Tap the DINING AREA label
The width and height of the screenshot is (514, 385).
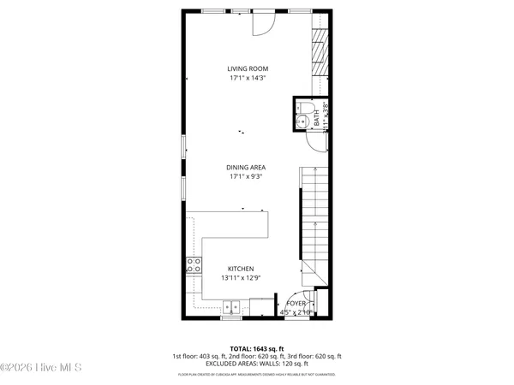click(x=245, y=168)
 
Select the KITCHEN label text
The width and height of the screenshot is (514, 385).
click(x=241, y=269)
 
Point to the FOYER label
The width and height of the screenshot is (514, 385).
click(x=296, y=304)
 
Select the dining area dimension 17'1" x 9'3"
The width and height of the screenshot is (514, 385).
click(x=245, y=177)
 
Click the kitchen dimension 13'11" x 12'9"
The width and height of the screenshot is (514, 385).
click(x=241, y=278)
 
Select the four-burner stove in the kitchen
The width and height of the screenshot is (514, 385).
click(x=194, y=265)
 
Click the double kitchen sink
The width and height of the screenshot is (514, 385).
click(x=231, y=306)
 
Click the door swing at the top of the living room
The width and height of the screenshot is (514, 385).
click(x=262, y=24)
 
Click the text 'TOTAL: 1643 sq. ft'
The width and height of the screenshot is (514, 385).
click(x=256, y=348)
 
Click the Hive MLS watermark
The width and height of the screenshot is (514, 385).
click(x=41, y=368)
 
